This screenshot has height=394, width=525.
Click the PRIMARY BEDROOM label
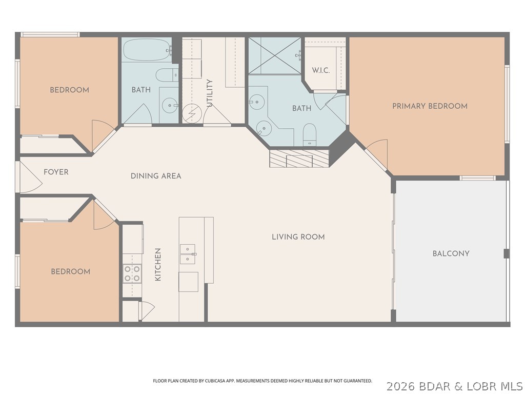click(430, 106)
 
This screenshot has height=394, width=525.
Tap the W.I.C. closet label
click(321, 70)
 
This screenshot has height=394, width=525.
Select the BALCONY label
click(451, 253)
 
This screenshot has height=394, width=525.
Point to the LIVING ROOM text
click(298, 237)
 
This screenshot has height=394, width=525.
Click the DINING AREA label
click(156, 176)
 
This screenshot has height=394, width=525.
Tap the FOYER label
click(56, 172)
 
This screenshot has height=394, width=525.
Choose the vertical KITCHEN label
click(158, 264)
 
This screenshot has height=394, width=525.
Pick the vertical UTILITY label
click(210, 93)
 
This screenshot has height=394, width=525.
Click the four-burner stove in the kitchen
click(132, 273)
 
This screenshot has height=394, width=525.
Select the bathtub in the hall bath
click(148, 50)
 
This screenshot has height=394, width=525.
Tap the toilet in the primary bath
click(309, 135)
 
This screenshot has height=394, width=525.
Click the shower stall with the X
click(275, 55)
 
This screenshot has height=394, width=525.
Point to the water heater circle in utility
click(192, 113)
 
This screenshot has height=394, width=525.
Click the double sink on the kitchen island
click(188, 254)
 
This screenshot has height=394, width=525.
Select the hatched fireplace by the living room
click(299, 158)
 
